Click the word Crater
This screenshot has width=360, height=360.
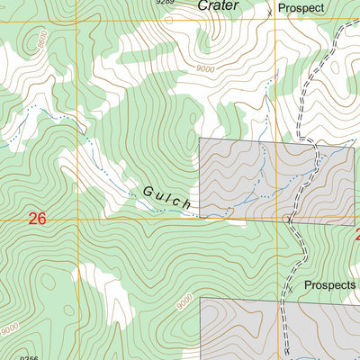[x=220, y=5]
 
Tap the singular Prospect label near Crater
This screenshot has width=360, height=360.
[x=301, y=8]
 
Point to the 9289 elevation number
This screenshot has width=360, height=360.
[x=164, y=3]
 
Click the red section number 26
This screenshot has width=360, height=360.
[x=37, y=219]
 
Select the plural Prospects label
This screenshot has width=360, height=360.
[x=329, y=284]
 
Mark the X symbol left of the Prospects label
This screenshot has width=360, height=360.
[x=290, y=289]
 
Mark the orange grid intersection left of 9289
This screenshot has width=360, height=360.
[x=77, y=20]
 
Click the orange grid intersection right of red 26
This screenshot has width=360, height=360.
[x=78, y=219]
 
